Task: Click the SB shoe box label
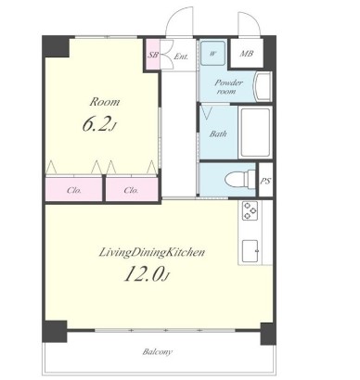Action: [153, 55]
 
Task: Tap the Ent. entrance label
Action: [181, 57]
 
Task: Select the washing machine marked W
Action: [212, 53]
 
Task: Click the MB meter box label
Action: [247, 54]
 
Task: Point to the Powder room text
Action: [228, 87]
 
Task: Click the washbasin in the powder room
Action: [263, 86]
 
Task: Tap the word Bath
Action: [218, 133]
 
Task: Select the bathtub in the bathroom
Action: [255, 133]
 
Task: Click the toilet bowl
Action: [239, 179]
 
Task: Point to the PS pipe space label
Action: [265, 181]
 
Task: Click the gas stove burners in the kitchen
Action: [250, 210]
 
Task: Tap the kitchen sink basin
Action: [251, 251]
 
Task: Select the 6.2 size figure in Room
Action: [99, 124]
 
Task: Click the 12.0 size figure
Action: [148, 273]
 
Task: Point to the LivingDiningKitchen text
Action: [151, 252]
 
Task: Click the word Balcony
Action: [158, 351]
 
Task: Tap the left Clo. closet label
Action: [74, 190]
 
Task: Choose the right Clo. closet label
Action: [131, 190]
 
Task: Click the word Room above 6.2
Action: [105, 102]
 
